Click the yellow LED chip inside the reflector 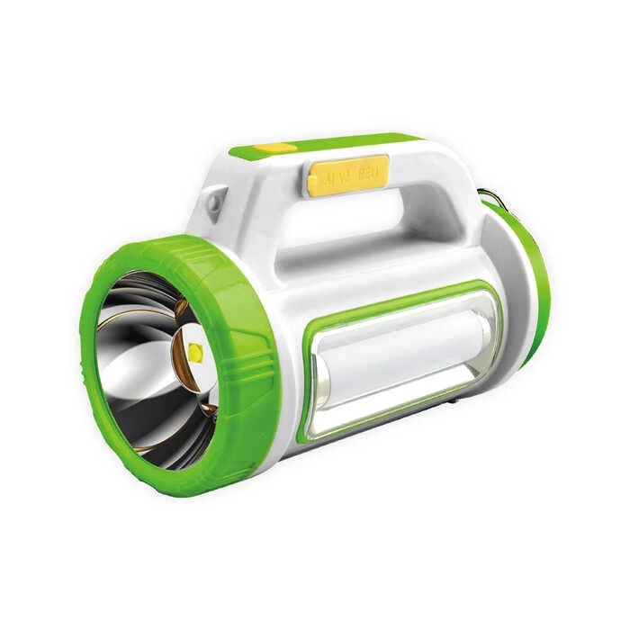(195, 353)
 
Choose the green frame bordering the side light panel (310, 360)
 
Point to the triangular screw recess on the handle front (213, 202)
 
